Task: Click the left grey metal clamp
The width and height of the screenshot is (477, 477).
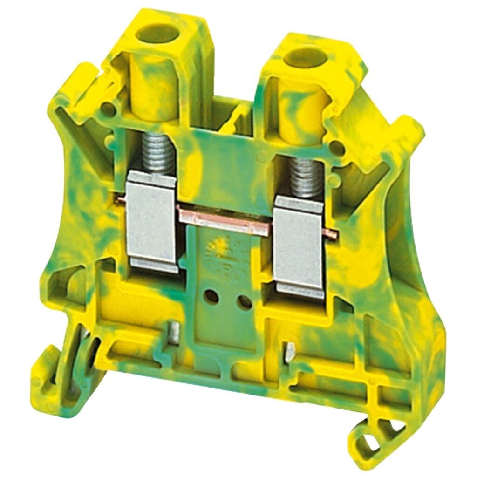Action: click(x=152, y=221)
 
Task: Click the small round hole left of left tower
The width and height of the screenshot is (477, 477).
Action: click(x=109, y=110)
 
